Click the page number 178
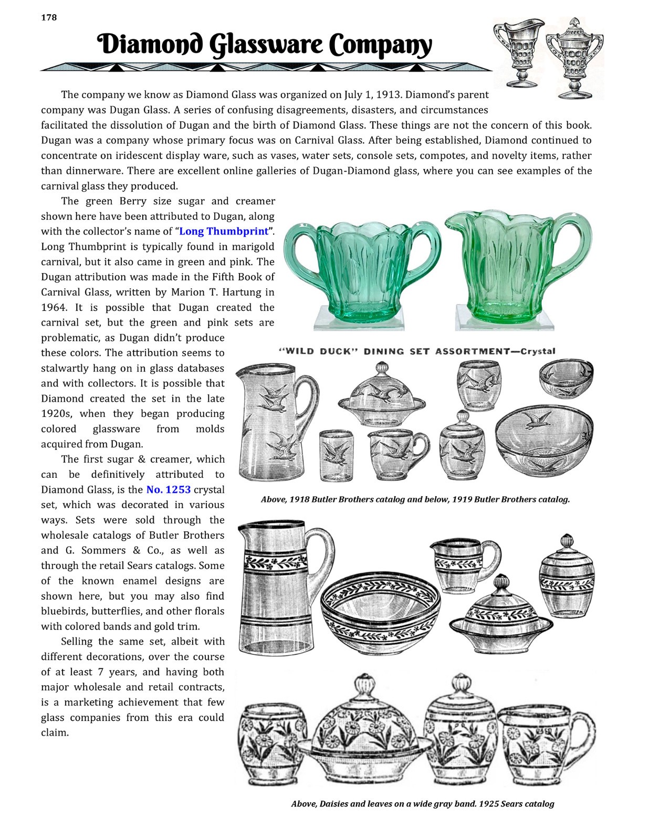click(x=49, y=17)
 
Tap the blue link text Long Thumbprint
click(x=224, y=232)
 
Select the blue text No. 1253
click(x=168, y=490)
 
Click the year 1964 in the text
click(x=53, y=308)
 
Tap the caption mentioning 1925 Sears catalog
click(x=422, y=804)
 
